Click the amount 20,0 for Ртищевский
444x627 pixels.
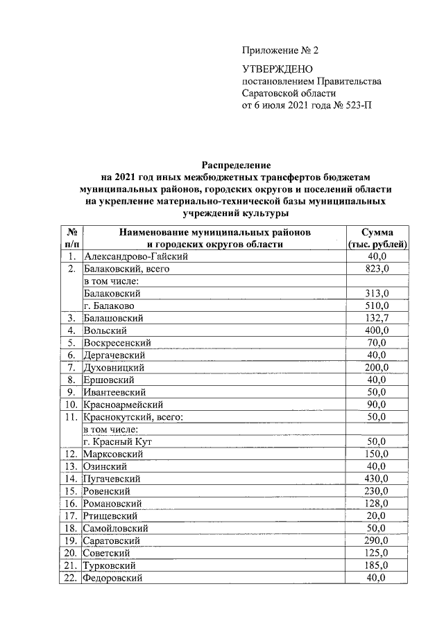(x=377, y=515)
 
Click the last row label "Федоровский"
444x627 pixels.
(x=112, y=578)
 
